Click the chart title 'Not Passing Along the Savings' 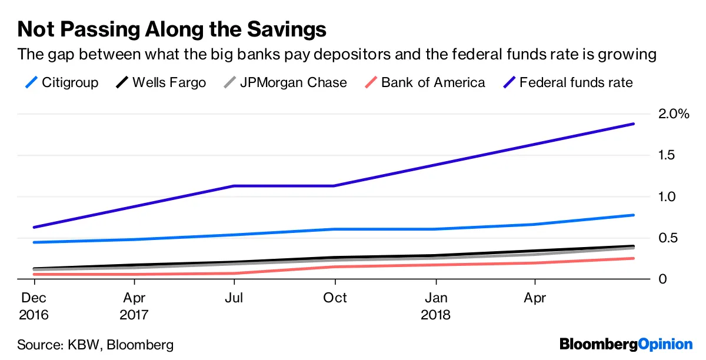(x=172, y=29)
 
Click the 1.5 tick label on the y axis (x=668, y=155)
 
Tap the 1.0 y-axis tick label (x=668, y=196)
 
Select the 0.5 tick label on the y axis (x=668, y=238)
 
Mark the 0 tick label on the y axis (x=662, y=279)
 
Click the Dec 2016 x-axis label (x=34, y=306)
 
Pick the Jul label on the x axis (x=235, y=298)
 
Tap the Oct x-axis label (x=335, y=298)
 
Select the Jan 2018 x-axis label (x=436, y=306)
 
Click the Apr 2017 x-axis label (x=134, y=306)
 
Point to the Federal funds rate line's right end (x=634, y=124)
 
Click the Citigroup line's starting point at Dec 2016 (x=34, y=242)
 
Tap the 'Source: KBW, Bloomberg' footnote (x=95, y=344)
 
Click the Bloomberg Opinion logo (x=626, y=344)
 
